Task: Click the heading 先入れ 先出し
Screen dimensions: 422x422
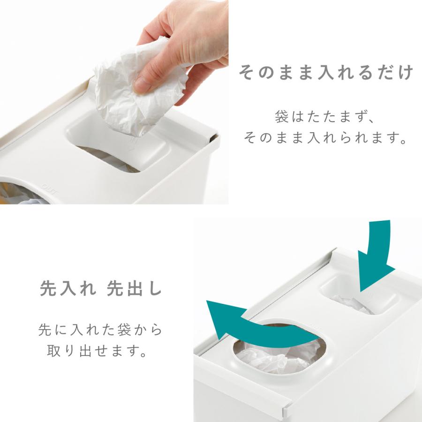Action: tap(100, 288)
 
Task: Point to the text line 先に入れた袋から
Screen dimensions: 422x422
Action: tap(100, 330)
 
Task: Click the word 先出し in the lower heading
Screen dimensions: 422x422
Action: tap(134, 288)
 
